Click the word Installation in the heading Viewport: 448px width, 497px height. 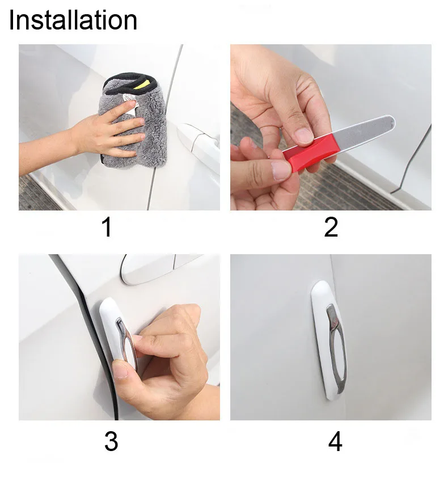[73, 20]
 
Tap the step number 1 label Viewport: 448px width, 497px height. [107, 227]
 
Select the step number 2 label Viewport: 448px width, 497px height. [331, 227]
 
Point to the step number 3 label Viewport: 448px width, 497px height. [111, 441]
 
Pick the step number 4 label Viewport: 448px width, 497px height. [335, 441]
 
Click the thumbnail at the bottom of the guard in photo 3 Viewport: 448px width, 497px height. [120, 370]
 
